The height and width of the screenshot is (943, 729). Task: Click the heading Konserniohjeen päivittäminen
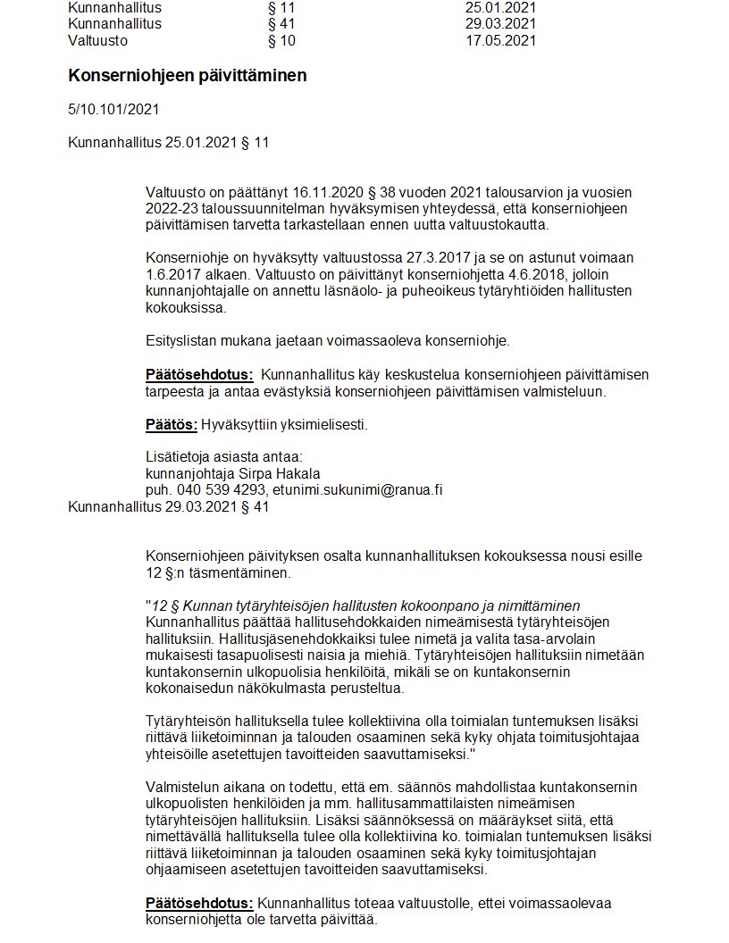[188, 76]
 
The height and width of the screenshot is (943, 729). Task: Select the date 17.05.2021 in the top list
[500, 40]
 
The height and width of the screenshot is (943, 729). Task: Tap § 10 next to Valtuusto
[281, 40]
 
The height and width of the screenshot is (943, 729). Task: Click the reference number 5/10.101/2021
[113, 110]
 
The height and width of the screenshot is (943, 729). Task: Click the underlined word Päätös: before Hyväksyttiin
[172, 424]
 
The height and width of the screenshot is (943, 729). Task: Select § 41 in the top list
[281, 24]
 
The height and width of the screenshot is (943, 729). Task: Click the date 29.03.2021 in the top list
[500, 24]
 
